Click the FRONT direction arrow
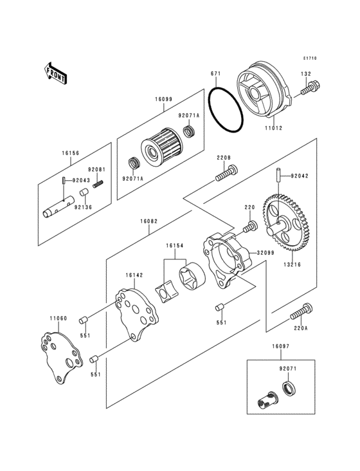tap(56, 73)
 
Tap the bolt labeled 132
tap(310, 88)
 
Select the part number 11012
tap(273, 128)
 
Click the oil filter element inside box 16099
tap(162, 147)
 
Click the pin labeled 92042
tap(278, 176)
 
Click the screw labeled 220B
tap(226, 173)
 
